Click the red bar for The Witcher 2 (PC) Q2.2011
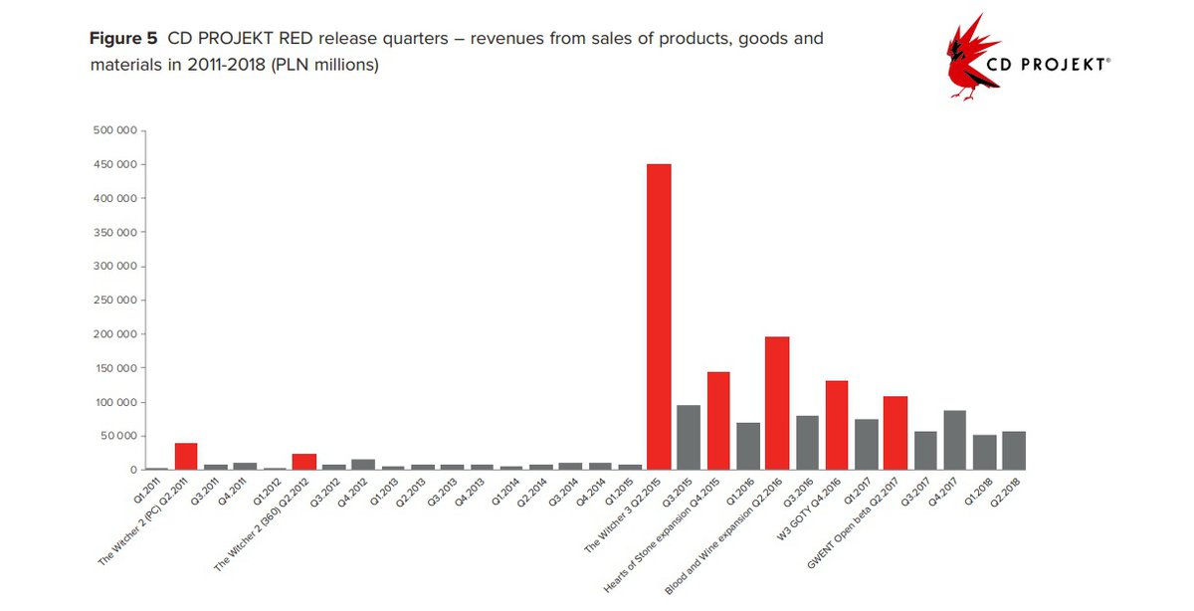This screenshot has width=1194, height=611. click(186, 457)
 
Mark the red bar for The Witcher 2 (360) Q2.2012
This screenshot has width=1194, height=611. click(304, 462)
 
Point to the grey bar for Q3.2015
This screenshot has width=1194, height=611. click(689, 438)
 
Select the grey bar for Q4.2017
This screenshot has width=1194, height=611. click(954, 440)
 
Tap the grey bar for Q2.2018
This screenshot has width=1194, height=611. click(1013, 451)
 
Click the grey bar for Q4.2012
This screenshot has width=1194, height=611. click(363, 465)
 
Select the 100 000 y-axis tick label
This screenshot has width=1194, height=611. click(114, 402)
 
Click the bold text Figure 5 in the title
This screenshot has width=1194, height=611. click(123, 40)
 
